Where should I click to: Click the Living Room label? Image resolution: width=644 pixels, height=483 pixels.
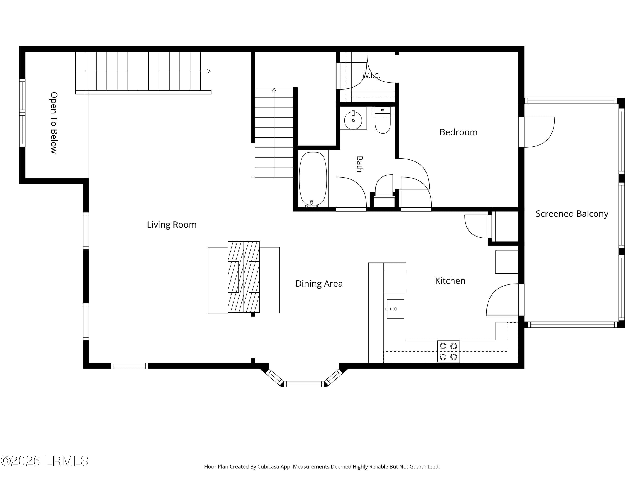coord(172,225)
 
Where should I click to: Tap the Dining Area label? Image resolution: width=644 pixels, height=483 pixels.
coord(319,284)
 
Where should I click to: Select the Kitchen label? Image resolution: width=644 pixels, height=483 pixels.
coord(450,281)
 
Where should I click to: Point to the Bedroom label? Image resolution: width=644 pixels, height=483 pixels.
coord(459,132)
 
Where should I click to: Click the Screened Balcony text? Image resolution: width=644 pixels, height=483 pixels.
coord(572,214)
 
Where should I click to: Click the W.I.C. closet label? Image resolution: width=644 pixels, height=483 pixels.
coord(371,76)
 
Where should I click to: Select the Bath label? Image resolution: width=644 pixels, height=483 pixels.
coord(360,164)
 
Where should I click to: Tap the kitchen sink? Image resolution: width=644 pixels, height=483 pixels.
coord(395,309)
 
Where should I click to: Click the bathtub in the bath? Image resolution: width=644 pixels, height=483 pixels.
coord(313,179)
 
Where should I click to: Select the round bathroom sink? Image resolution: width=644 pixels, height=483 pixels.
coord(353,120)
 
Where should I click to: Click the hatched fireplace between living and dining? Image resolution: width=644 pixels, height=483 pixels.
coord(244,277)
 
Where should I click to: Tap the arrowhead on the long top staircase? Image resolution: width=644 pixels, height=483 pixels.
coord(209,71)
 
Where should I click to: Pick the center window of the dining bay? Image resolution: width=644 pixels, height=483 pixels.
coord(304,384)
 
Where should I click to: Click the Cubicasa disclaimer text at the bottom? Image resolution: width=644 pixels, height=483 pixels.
coord(322,467)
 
